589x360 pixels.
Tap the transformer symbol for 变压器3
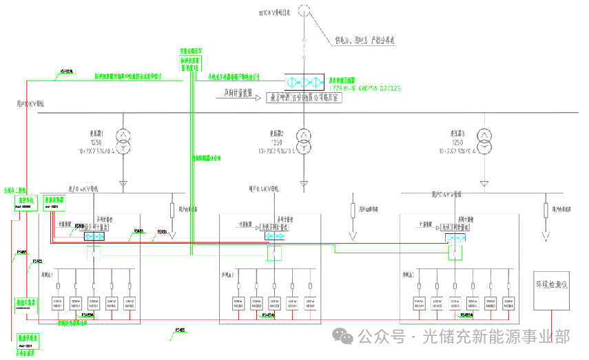coord(486,139)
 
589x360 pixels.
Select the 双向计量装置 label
coord(238,92)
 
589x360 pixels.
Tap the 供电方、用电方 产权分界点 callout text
coord(364,41)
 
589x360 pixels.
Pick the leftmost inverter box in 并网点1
coord(57,303)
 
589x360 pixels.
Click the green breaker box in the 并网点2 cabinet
coord(274,254)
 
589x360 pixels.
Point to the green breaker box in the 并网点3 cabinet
coord(455,254)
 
